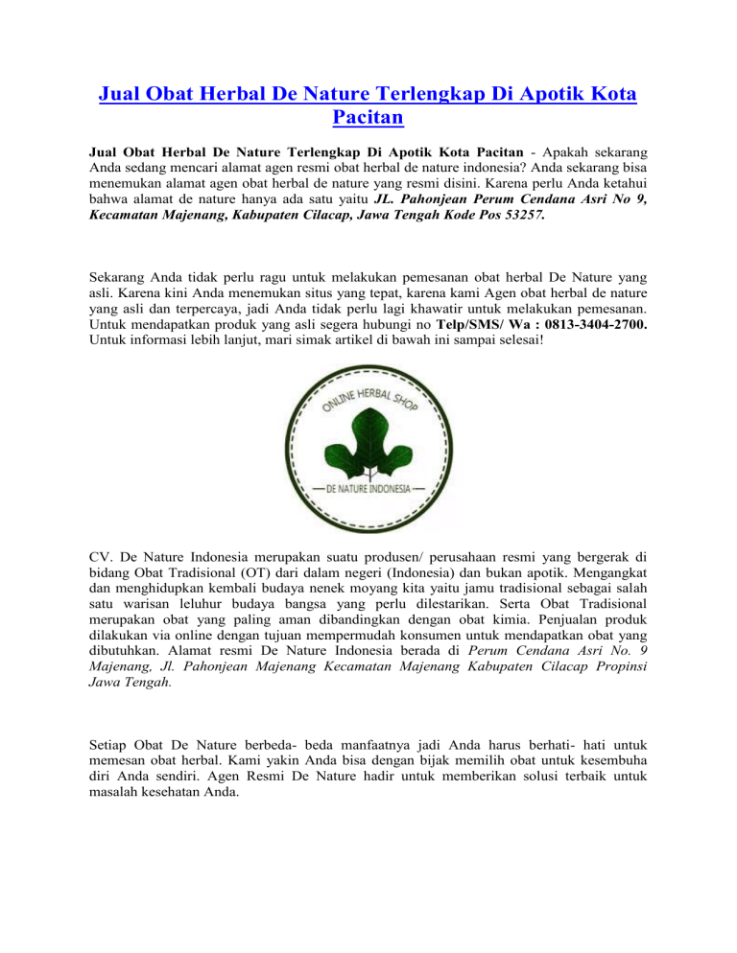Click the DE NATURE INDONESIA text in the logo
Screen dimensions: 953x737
[369, 488]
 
